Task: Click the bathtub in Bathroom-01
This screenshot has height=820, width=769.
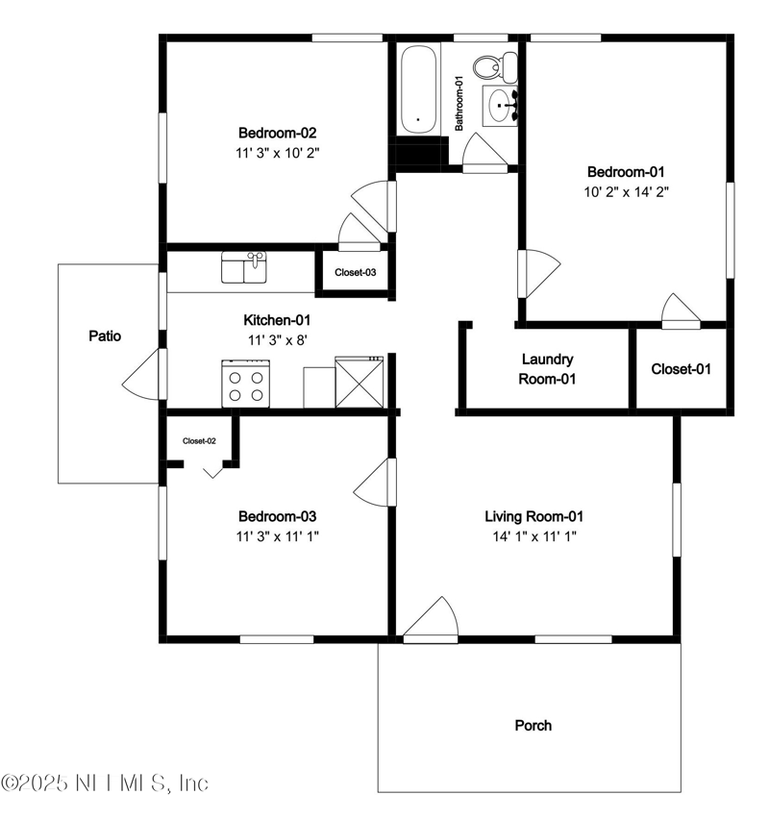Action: point(418,88)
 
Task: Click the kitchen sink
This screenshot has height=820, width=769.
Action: point(244,267)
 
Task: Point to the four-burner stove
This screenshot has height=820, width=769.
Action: point(244,384)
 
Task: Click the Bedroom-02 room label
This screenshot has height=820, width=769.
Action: point(278,134)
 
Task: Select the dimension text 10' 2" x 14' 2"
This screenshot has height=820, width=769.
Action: point(626,191)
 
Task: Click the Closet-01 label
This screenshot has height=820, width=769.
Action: point(682,368)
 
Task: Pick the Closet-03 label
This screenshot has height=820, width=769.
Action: point(355,272)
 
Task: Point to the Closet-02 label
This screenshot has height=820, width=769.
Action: point(199,441)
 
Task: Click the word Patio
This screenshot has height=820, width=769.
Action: point(105,336)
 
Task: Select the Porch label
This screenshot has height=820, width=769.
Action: point(533,725)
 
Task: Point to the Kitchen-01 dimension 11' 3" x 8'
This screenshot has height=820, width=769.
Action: point(277,339)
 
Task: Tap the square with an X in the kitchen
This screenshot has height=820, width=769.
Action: point(359,382)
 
